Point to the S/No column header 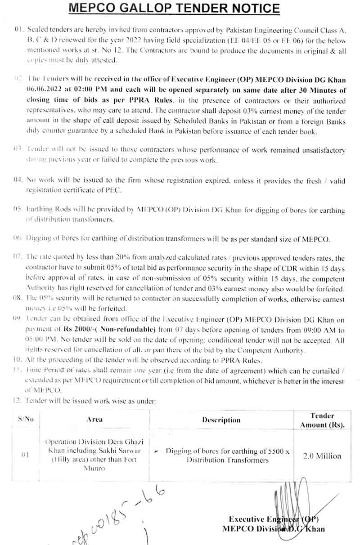[x=26, y=419]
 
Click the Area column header [x=94, y=419]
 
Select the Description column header [x=221, y=420]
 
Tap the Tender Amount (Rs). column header [x=322, y=420]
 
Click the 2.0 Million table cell [x=322, y=456]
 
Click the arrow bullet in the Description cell [x=156, y=451]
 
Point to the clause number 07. [x=18, y=258]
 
